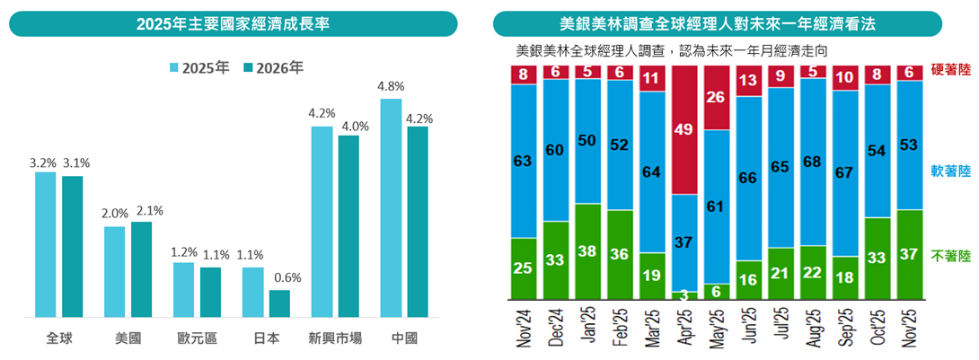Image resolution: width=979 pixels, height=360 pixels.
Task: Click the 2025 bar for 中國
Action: click(391, 207)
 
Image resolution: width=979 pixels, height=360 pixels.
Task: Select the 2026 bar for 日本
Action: click(279, 303)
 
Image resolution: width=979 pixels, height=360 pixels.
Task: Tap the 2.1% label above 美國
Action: click(147, 211)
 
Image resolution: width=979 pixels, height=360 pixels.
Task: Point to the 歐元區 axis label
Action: click(196, 339)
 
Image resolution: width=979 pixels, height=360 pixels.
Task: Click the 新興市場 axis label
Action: click(334, 339)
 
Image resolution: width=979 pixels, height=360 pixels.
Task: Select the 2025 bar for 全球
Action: click(46, 244)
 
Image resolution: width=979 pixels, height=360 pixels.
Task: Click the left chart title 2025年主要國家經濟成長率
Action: click(233, 24)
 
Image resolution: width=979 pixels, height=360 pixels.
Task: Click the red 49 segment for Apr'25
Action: click(684, 130)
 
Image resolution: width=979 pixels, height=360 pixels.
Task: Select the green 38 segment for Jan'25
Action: click(587, 252)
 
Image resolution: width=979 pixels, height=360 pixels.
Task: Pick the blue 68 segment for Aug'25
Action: click(814, 162)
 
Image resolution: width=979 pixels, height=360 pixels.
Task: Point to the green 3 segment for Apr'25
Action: click(684, 295)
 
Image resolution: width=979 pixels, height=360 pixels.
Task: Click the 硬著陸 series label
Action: click(952, 68)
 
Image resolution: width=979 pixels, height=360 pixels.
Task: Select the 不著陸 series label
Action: click(952, 256)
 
